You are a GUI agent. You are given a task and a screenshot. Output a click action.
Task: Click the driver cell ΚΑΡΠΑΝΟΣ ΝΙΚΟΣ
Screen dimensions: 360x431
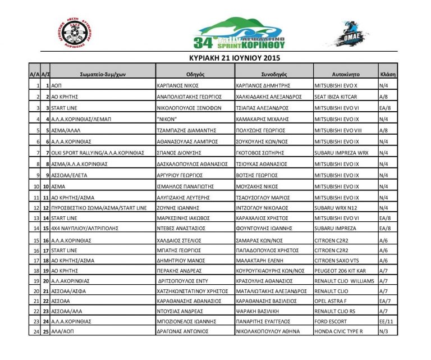coord(179,86)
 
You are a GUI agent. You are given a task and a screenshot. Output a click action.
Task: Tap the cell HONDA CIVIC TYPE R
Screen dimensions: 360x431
coord(338,332)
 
